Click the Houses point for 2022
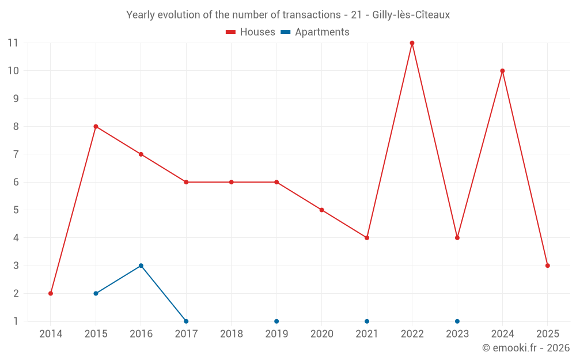412,43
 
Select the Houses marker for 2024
502,71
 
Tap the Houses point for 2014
51,293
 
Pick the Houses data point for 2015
96,127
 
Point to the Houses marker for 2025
547,266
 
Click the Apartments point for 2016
141,266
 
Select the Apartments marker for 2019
276,321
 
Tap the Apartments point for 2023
457,321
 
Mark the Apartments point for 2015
96,293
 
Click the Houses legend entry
251,32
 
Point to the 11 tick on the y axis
13,43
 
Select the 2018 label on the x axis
231,334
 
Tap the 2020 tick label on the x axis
321,334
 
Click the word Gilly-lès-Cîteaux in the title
411,15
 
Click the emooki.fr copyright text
526,348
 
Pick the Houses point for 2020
321,210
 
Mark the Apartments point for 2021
367,321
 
